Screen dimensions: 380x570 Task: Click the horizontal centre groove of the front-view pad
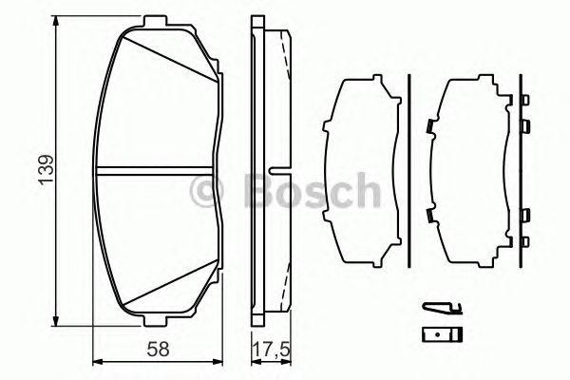click(157, 169)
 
